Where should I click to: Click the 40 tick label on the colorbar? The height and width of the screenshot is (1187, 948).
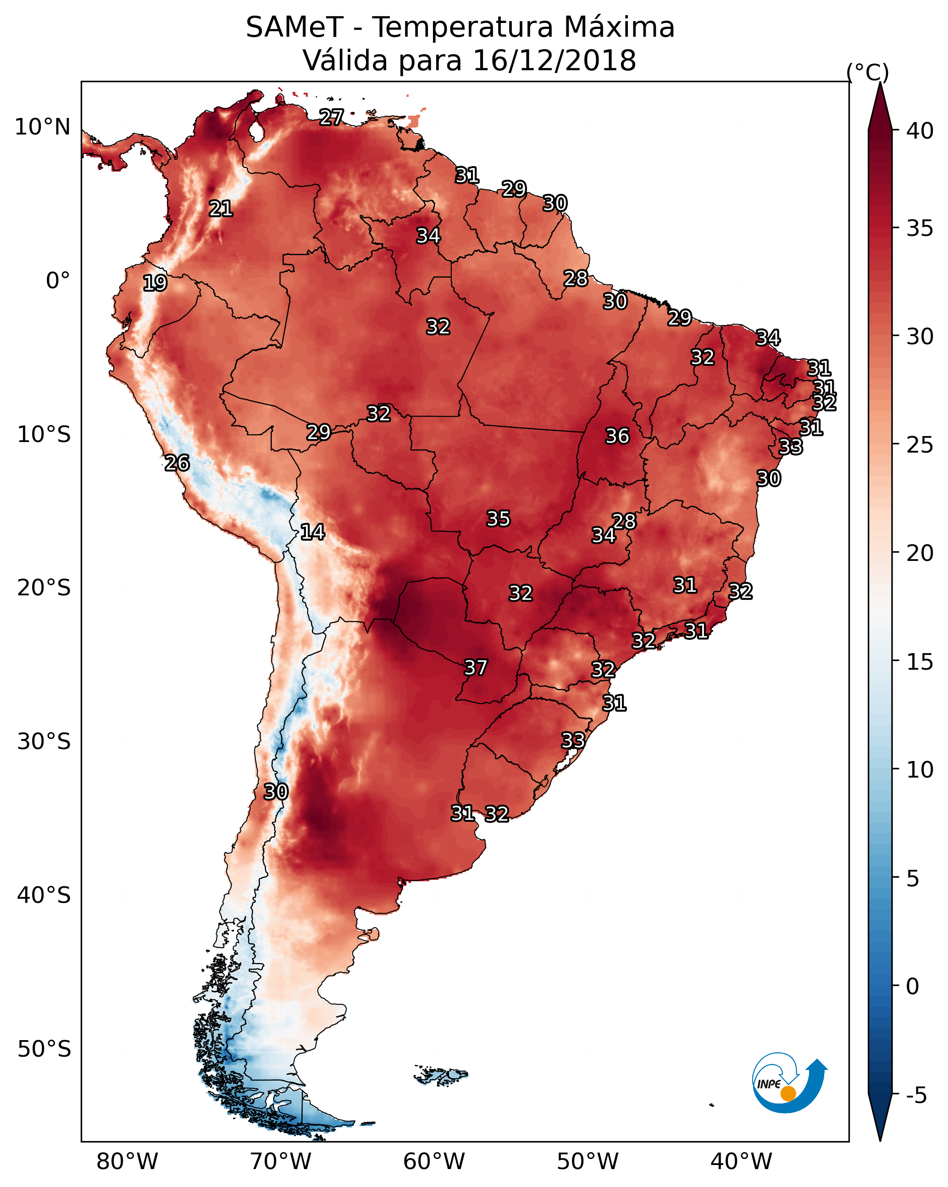pyautogui.click(x=920, y=131)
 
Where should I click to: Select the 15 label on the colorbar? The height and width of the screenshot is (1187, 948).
pyautogui.click(x=920, y=662)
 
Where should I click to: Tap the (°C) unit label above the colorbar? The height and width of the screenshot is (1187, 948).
pyautogui.click(x=867, y=72)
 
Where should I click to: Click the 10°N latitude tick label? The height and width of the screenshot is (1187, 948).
pyautogui.click(x=42, y=127)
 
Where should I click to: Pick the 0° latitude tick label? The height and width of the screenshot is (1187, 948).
pyautogui.click(x=58, y=281)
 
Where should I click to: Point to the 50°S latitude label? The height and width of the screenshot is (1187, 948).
pyautogui.click(x=44, y=1049)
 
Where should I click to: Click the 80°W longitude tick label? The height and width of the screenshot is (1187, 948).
pyautogui.click(x=127, y=1162)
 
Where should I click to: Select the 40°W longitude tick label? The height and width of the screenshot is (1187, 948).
pyautogui.click(x=741, y=1162)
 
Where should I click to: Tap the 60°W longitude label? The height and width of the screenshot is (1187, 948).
pyautogui.click(x=434, y=1162)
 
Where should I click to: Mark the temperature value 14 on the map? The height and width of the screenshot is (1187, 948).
pyautogui.click(x=312, y=532)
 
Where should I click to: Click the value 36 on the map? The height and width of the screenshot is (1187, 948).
pyautogui.click(x=617, y=436)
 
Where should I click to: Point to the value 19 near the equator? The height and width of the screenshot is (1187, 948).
pyautogui.click(x=155, y=283)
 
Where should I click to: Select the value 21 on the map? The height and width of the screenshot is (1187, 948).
pyautogui.click(x=221, y=209)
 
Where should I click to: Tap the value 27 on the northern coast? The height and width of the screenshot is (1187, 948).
pyautogui.click(x=332, y=117)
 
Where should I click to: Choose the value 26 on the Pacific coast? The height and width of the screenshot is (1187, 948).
pyautogui.click(x=177, y=463)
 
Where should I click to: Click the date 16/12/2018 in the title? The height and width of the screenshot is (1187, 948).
pyautogui.click(x=554, y=61)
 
